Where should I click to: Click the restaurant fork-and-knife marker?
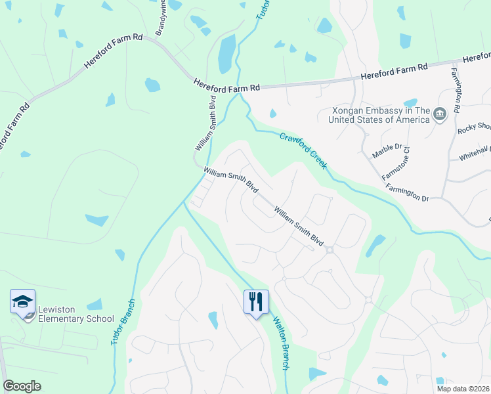(256, 301)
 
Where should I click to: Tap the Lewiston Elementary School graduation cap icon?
(22, 303)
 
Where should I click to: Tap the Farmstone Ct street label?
(398, 162)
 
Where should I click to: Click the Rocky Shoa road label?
(474, 129)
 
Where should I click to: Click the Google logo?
(22, 386)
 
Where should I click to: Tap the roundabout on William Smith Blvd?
(330, 249)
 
